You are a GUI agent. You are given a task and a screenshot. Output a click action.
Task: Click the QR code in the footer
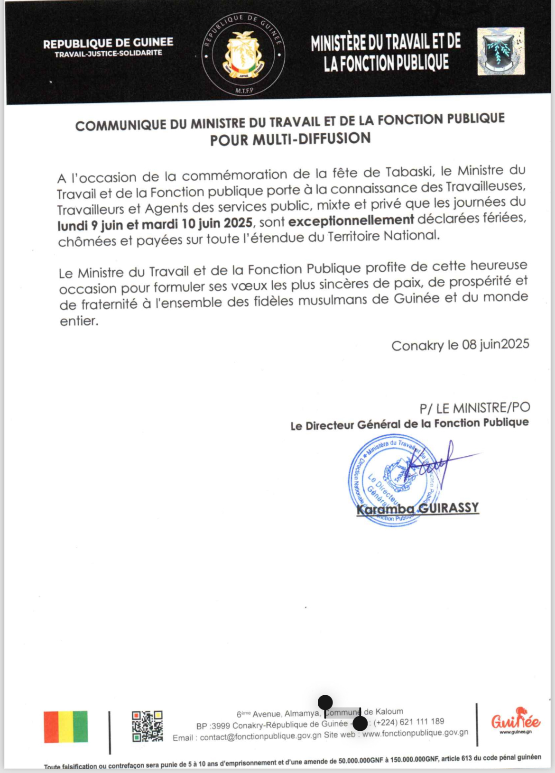click(147, 726)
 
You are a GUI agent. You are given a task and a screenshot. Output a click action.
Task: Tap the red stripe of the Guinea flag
click(51, 727)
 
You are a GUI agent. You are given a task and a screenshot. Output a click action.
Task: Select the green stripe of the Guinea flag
click(81, 727)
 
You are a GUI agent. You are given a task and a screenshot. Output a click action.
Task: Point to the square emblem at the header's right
click(501, 51)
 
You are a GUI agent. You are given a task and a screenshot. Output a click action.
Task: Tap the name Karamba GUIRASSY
click(417, 508)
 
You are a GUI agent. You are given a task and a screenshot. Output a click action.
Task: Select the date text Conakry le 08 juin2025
click(460, 345)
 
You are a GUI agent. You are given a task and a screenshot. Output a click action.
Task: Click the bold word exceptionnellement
click(351, 221)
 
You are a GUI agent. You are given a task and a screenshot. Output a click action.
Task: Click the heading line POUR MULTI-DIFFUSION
click(290, 139)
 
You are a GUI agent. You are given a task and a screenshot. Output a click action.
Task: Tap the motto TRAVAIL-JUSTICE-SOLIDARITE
click(108, 54)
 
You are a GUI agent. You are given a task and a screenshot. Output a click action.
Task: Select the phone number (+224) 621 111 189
click(409, 722)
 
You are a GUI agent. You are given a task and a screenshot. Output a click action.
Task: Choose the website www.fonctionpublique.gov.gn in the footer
click(415, 733)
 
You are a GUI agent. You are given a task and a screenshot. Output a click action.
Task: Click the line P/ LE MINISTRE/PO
click(474, 408)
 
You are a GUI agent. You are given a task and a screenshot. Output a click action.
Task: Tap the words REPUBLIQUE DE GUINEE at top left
click(108, 43)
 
